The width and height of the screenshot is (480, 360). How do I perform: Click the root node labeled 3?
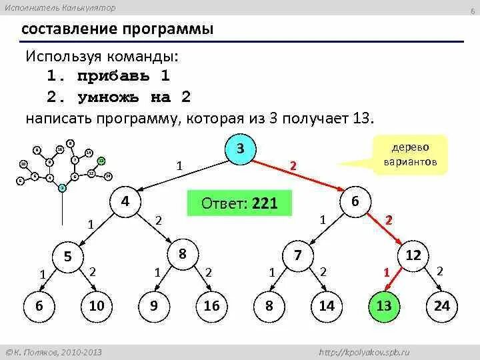[x=240, y=149]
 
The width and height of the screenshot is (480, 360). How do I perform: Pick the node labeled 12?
[x=413, y=255]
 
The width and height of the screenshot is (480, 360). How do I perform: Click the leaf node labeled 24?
[x=441, y=306]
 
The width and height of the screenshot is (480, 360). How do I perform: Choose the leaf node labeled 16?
[x=211, y=306]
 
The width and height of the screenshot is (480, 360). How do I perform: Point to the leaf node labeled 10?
[x=96, y=306]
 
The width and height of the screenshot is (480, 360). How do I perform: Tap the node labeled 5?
[x=68, y=256]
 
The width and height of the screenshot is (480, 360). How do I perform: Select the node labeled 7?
[x=298, y=255]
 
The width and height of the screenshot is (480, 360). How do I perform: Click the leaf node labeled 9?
[x=154, y=306]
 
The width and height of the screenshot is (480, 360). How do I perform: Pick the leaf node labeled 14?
[x=326, y=306]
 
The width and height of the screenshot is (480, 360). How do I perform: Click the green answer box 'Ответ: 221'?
[x=240, y=203]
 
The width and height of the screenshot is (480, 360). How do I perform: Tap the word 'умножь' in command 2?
[x=111, y=97]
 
